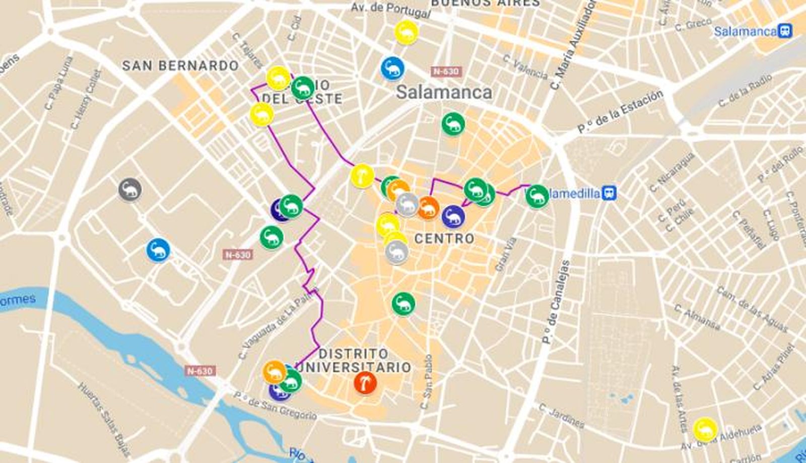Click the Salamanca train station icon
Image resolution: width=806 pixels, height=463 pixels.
(785, 31)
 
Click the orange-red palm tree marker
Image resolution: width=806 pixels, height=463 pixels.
(365, 382)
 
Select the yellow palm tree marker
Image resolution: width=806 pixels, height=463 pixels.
(362, 176)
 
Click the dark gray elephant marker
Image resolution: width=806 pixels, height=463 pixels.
(130, 189)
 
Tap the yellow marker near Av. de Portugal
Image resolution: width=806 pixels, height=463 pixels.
(406, 32)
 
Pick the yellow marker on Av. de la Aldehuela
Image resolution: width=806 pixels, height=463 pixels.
(704, 429)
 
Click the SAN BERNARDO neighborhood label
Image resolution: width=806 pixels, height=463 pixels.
(180, 65)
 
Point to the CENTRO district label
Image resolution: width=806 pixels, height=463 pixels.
(444, 238)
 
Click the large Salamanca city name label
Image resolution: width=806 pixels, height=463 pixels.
(444, 92)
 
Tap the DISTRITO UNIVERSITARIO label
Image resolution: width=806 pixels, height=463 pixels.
(354, 360)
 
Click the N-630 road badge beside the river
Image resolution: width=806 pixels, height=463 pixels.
(200, 371)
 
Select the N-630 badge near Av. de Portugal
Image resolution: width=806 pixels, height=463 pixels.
(445, 71)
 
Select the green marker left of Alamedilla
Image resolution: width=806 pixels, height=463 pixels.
(537, 195)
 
